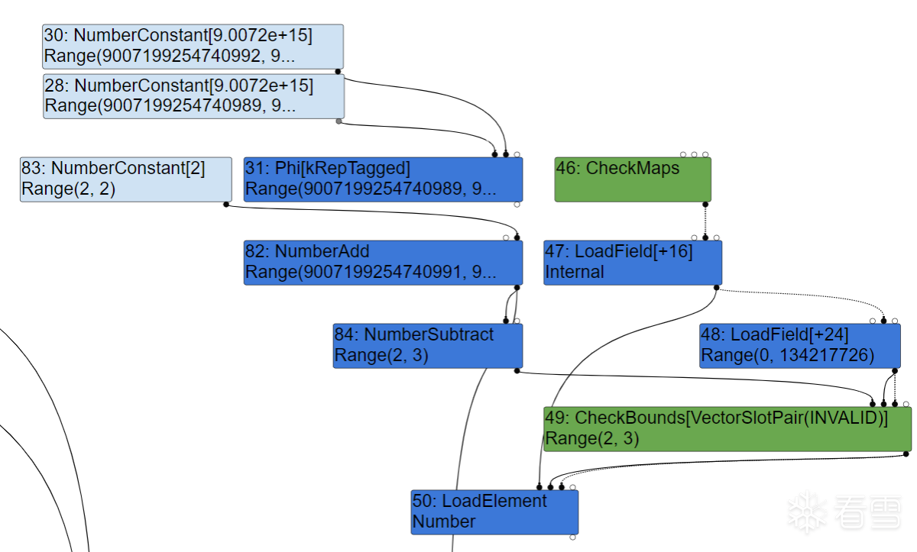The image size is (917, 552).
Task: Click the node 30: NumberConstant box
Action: [x=193, y=47]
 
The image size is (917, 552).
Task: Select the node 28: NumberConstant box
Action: [x=193, y=96]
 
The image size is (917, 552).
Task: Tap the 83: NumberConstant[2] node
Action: [x=125, y=179]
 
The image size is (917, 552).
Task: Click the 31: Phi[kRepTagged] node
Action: [x=383, y=179]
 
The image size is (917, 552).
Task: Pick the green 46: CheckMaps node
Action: [x=633, y=179]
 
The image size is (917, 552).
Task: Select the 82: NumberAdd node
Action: [x=383, y=263]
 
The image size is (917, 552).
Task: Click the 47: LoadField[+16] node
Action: [x=633, y=263]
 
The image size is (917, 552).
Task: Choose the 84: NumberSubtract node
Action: [x=428, y=346]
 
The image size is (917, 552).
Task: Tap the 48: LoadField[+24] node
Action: [x=800, y=346]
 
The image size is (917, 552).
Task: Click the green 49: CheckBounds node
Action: [x=727, y=429]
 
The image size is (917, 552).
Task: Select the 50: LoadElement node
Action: [x=494, y=512]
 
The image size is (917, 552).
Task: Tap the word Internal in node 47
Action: [x=575, y=272]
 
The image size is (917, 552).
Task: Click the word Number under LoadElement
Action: [x=444, y=521]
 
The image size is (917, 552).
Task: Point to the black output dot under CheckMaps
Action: [x=705, y=205]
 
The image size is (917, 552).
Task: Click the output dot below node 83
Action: [x=226, y=205]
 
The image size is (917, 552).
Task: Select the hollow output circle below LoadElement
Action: [x=572, y=537]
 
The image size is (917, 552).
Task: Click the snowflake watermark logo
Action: [x=807, y=512]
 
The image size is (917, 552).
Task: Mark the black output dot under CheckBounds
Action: [x=906, y=454]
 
